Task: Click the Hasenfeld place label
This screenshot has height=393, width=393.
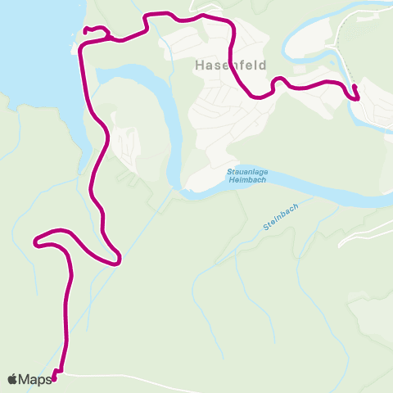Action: click(231, 65)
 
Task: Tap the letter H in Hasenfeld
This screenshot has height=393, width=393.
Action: click(200, 65)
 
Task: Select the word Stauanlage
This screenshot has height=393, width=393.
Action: click(244, 171)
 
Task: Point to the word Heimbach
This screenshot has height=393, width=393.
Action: click(244, 179)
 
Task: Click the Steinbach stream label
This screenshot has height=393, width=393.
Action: click(281, 217)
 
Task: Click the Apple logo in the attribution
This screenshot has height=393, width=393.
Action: click(13, 378)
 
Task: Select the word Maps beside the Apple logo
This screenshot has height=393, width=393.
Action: click(35, 379)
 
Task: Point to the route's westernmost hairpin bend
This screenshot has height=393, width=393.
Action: click(36, 241)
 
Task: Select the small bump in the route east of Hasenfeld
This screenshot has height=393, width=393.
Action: click(278, 80)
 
